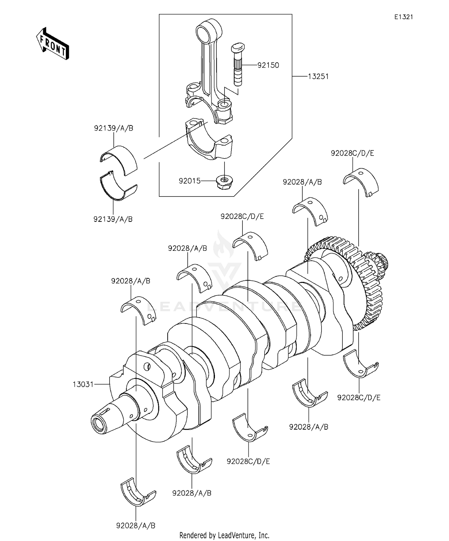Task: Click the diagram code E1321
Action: pyautogui.click(x=403, y=17)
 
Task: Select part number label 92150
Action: pyautogui.click(x=268, y=65)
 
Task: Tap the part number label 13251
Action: pyautogui.click(x=318, y=77)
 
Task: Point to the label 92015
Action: pyautogui.click(x=189, y=181)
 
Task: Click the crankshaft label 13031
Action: pyautogui.click(x=83, y=384)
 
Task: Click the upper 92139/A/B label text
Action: pyautogui.click(x=113, y=128)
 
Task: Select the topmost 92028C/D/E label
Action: pyautogui.click(x=352, y=153)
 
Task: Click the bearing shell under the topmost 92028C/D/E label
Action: pyautogui.click(x=361, y=181)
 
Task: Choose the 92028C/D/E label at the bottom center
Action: pyautogui.click(x=248, y=461)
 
